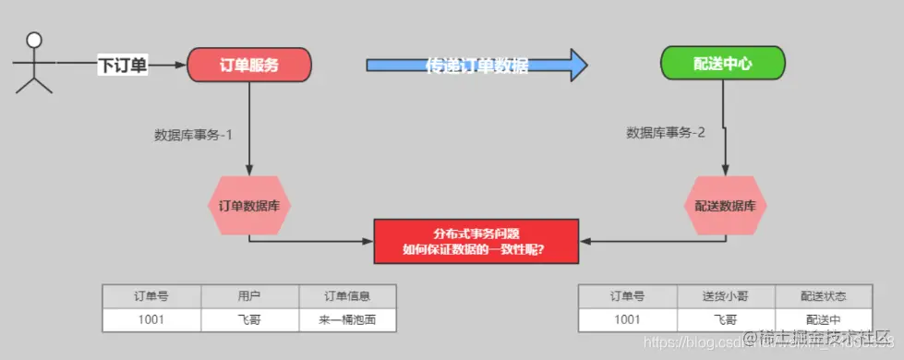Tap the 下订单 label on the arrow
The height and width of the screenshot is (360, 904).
(x=123, y=65)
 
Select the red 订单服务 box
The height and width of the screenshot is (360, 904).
(x=249, y=65)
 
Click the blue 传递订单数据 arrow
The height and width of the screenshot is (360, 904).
(x=476, y=65)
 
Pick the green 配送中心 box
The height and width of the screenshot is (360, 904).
(x=722, y=65)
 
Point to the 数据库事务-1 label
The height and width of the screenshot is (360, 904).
(x=193, y=134)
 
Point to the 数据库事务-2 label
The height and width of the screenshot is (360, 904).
(x=666, y=132)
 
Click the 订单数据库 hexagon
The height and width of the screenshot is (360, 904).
(x=249, y=205)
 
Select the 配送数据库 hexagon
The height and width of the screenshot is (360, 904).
(x=726, y=205)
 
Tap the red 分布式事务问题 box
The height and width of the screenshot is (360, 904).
(x=476, y=241)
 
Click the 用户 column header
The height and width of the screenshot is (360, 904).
(x=249, y=296)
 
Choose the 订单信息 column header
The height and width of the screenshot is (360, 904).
(x=347, y=296)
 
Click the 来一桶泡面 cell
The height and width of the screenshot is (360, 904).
(x=347, y=319)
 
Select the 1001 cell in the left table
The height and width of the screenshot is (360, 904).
(x=151, y=319)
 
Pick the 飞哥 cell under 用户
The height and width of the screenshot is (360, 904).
(x=249, y=319)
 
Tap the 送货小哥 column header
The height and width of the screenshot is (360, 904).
(x=726, y=296)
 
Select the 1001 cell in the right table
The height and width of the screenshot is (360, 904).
(x=627, y=319)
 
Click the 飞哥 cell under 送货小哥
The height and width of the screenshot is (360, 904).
(x=726, y=319)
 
